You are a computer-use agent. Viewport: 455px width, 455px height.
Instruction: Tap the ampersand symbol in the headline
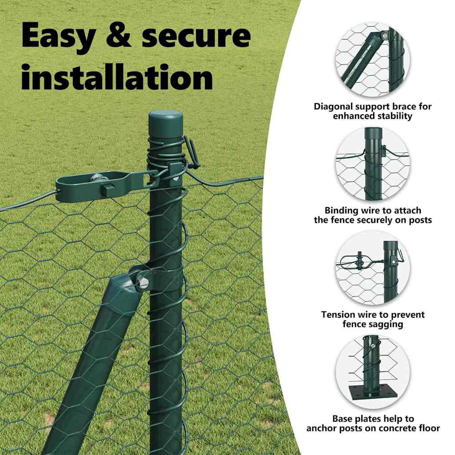tap(118, 35)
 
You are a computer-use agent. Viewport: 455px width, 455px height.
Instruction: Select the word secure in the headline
tap(196, 36)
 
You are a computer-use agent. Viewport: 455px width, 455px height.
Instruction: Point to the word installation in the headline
tap(117, 76)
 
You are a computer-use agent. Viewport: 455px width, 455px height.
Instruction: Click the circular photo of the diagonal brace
tap(373, 60)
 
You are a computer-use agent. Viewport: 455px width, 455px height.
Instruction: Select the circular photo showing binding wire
tap(373, 164)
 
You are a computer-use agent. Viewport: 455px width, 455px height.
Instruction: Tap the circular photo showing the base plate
tap(373, 372)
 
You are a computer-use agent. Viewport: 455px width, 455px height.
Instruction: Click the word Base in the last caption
tap(343, 419)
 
